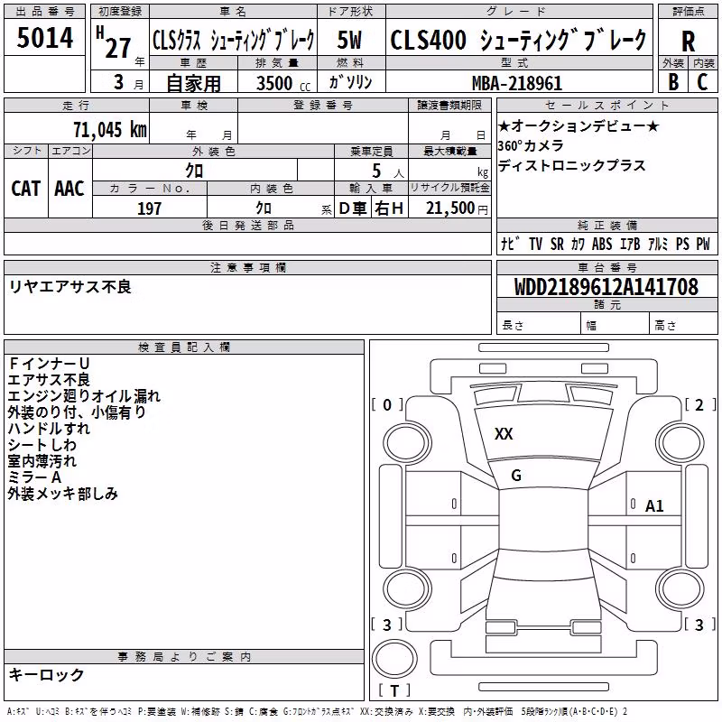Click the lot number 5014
click(44, 38)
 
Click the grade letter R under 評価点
click(688, 41)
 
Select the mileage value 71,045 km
click(110, 129)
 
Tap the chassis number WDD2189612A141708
click(606, 286)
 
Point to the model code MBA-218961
click(517, 83)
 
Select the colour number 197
click(149, 208)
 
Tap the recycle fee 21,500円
click(457, 208)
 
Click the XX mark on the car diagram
click(504, 434)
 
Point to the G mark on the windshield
click(516, 476)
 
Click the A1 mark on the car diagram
click(654, 506)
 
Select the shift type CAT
click(26, 189)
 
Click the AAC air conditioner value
click(69, 189)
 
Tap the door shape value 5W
click(349, 40)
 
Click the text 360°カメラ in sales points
click(531, 145)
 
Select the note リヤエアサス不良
click(70, 287)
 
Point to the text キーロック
click(46, 674)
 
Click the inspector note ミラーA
click(34, 477)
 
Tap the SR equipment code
click(557, 244)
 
